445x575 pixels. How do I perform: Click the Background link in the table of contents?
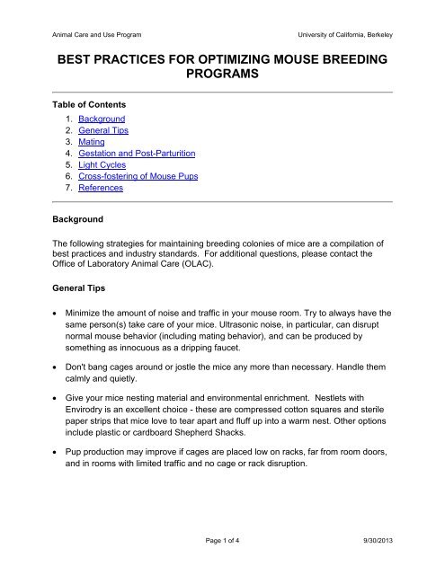[101, 119]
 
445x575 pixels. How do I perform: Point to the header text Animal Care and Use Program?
[87, 34]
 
